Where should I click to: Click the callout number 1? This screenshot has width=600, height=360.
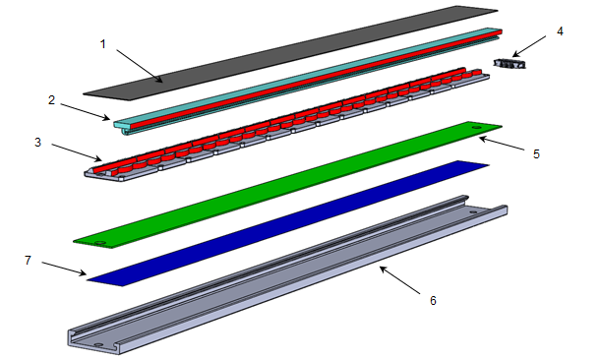coord(102,44)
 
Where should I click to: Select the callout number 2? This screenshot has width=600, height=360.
coord(52,100)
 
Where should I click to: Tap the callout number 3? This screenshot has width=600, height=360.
coord(37,143)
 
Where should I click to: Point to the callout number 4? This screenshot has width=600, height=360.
coord(560,31)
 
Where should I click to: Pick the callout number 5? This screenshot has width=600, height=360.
coord(536,153)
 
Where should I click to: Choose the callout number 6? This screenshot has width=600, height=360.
coord(433,301)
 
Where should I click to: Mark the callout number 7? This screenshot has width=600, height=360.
coord(28,261)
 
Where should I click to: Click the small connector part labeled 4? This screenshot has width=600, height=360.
coord(510,64)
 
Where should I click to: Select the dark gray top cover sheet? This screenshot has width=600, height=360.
coord(291,53)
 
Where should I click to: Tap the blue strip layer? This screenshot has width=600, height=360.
coord(288,223)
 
